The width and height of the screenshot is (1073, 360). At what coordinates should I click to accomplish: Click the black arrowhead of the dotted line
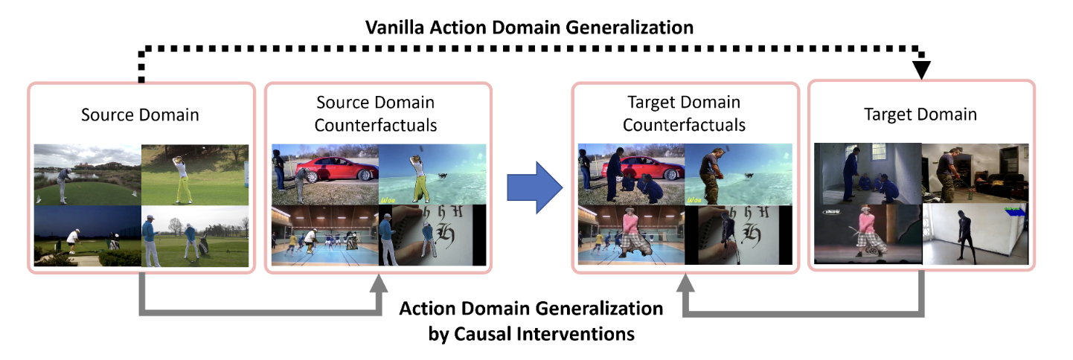[922, 69]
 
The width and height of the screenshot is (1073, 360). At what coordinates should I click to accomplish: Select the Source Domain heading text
[140, 115]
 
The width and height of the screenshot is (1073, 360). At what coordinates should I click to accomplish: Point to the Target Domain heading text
[920, 115]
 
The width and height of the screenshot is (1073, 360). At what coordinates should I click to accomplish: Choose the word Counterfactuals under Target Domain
[684, 124]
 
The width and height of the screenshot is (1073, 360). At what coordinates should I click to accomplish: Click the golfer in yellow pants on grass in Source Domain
[182, 176]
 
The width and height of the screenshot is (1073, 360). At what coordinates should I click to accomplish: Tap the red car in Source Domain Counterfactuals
[333, 170]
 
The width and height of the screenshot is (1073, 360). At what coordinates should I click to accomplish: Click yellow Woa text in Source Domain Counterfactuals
[387, 199]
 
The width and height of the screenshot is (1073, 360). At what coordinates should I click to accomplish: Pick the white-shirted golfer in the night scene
[72, 239]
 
